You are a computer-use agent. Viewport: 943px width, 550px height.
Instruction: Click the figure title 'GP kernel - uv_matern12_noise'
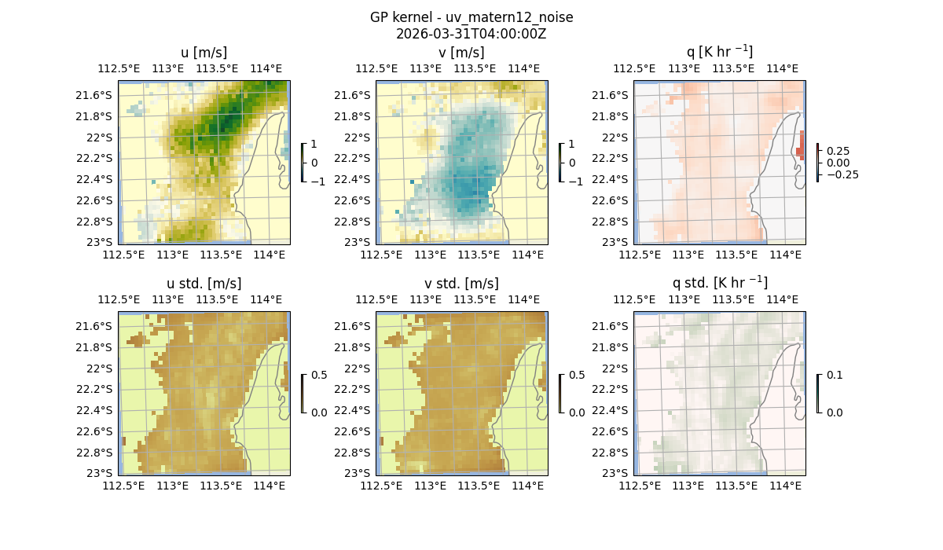[471, 17]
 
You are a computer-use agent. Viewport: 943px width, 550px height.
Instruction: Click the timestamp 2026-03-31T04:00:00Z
[471, 34]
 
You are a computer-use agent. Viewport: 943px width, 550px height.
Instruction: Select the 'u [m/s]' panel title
[204, 53]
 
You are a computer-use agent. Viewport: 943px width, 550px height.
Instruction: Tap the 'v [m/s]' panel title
[461, 53]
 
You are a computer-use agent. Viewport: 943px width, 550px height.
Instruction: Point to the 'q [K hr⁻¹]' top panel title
[719, 53]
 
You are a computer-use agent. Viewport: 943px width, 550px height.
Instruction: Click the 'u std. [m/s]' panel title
[204, 284]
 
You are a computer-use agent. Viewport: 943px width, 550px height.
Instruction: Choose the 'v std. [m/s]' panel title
[461, 284]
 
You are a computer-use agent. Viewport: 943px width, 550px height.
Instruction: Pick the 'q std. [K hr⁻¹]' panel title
[719, 284]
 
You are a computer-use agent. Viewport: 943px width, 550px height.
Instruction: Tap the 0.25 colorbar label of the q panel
[838, 151]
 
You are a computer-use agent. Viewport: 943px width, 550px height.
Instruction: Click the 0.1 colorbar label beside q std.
[833, 376]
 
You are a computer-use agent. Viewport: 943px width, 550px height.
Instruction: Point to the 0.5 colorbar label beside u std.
[319, 376]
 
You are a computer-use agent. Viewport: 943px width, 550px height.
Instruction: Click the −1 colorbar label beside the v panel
[576, 181]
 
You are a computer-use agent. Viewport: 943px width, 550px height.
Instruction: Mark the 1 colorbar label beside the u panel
[314, 145]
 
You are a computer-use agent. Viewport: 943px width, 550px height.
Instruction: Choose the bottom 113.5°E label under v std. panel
[479, 486]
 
